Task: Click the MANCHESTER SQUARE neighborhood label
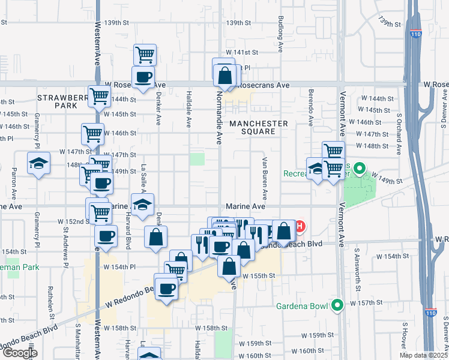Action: point(258,128)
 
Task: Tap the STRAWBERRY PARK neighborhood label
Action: point(58,101)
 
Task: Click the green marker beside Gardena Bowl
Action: point(337,305)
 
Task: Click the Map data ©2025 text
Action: point(424,355)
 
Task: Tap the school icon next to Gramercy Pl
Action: point(38,163)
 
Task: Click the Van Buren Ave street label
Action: point(264,179)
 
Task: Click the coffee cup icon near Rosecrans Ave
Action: point(143,77)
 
